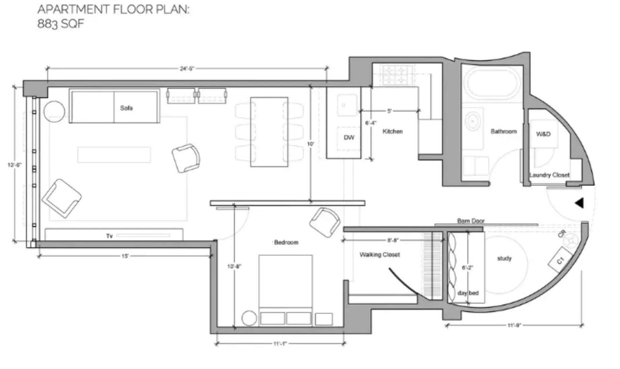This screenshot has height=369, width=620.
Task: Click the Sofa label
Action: pyautogui.click(x=126, y=108)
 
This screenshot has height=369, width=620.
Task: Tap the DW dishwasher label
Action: pyautogui.click(x=349, y=137)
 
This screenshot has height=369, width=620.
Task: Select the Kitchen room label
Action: pyautogui.click(x=392, y=131)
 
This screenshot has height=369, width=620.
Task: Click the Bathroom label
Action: pyautogui.click(x=503, y=131)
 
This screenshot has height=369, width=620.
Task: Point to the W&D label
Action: pyautogui.click(x=543, y=134)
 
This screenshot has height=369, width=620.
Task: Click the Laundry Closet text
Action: pyautogui.click(x=549, y=175)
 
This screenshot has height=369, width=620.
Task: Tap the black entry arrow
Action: pyautogui.click(x=579, y=203)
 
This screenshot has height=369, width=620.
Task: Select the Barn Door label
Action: pyautogui.click(x=471, y=221)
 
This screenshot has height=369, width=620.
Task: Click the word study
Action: pyautogui.click(x=504, y=258)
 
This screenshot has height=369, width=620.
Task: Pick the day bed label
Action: pyautogui.click(x=468, y=293)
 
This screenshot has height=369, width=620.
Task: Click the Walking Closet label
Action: pyautogui.click(x=380, y=255)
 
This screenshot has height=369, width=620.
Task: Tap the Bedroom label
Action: pyautogui.click(x=286, y=242)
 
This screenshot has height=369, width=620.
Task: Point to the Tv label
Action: pyautogui.click(x=109, y=236)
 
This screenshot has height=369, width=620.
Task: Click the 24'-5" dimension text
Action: pyautogui.click(x=187, y=69)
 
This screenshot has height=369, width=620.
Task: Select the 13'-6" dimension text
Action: pyautogui.click(x=14, y=165)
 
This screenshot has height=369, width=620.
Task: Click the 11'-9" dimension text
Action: pyautogui.click(x=514, y=325)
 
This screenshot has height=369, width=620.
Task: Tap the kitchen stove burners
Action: pyautogui.click(x=397, y=75)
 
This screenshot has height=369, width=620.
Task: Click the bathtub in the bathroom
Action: pyautogui.click(x=492, y=83)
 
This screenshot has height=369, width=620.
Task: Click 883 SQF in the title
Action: pyautogui.click(x=61, y=24)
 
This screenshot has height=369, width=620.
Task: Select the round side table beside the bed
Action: pyautogui.click(x=249, y=318)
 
